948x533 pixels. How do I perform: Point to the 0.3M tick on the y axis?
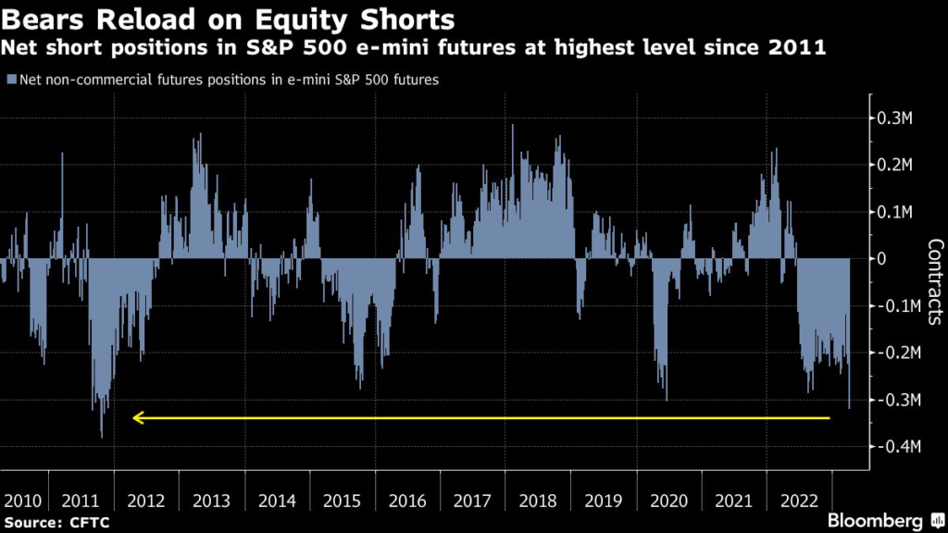click(x=897, y=118)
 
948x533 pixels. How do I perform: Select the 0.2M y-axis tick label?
click(x=897, y=165)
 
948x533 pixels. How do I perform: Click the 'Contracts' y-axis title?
click(x=934, y=282)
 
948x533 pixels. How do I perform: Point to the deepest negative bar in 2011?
click(x=102, y=435)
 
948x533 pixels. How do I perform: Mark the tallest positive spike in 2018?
click(x=513, y=127)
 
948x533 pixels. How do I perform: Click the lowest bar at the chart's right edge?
click(x=849, y=405)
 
